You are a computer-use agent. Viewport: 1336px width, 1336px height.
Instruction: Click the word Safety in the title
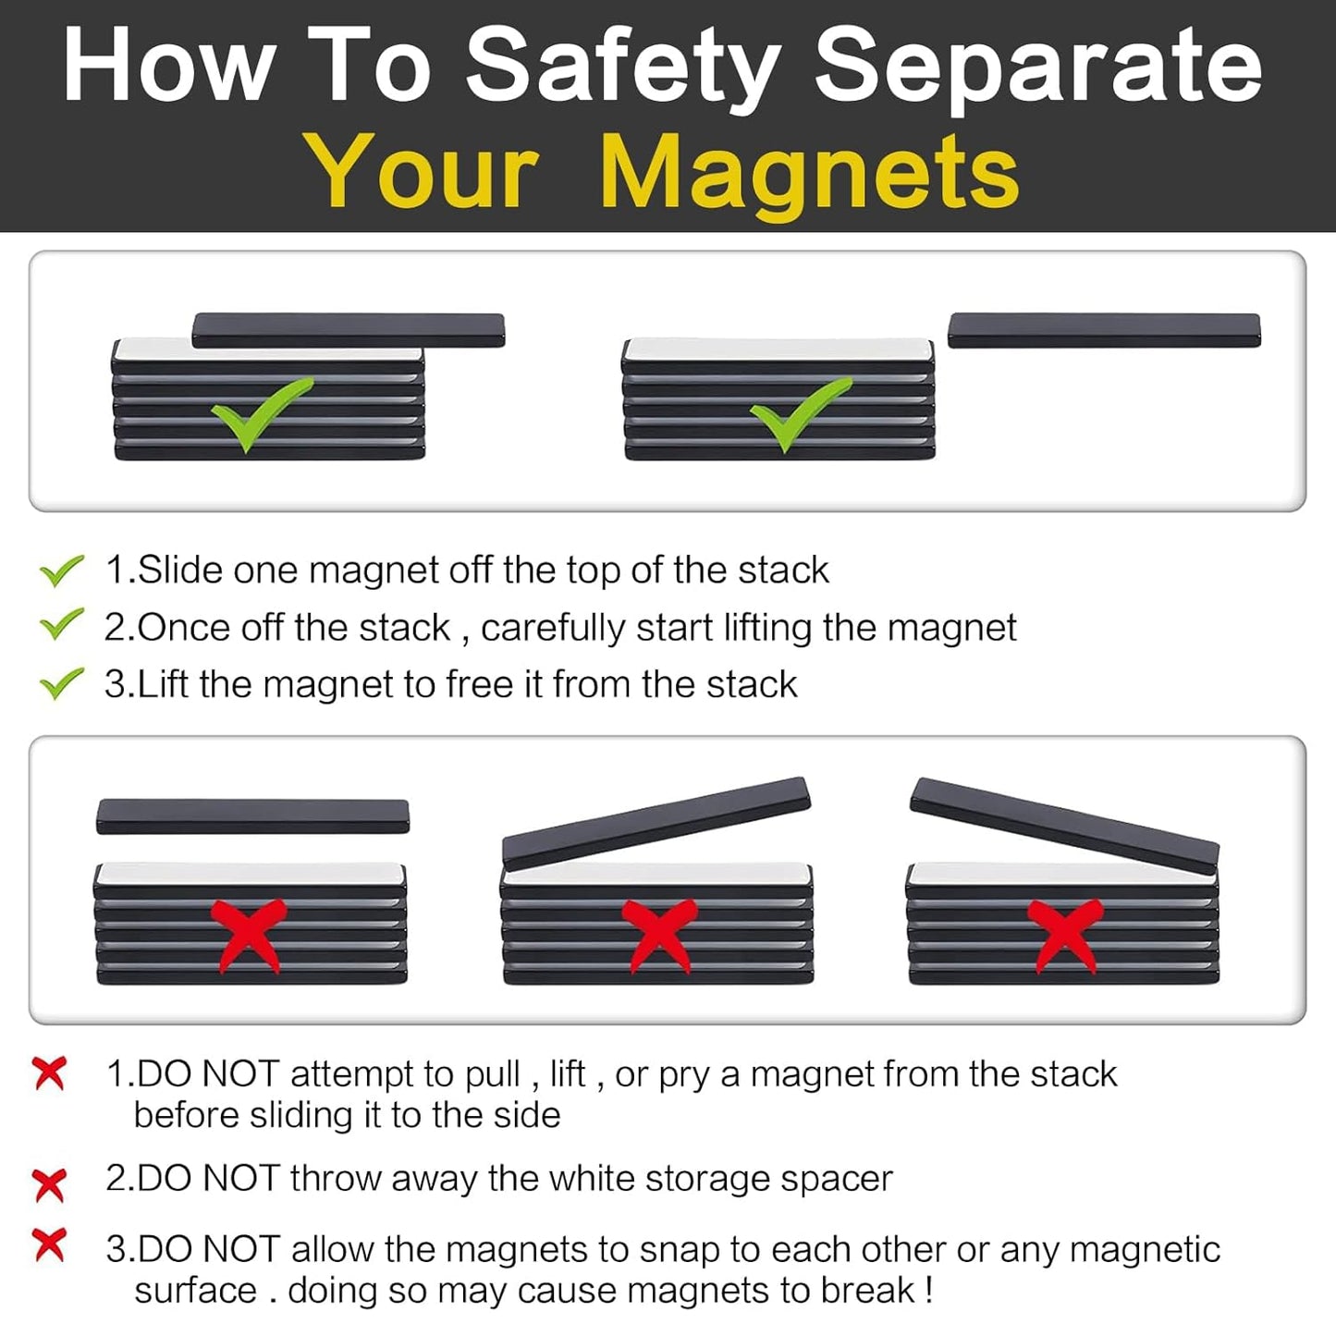pyautogui.click(x=621, y=67)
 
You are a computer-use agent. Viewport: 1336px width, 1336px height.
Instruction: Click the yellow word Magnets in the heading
pyautogui.click(x=809, y=173)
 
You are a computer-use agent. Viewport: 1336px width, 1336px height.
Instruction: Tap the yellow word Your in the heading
pyautogui.click(x=422, y=173)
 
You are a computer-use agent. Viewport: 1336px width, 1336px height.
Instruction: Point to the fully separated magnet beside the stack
pyautogui.click(x=1104, y=330)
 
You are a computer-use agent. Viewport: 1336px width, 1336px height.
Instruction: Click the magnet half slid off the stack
pyautogui.click(x=349, y=330)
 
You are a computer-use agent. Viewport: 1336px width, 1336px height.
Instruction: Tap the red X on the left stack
pyautogui.click(x=248, y=934)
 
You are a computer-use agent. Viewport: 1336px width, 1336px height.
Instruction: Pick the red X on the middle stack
pyautogui.click(x=657, y=934)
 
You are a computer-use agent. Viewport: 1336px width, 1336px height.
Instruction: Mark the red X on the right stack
pyautogui.click(x=1066, y=934)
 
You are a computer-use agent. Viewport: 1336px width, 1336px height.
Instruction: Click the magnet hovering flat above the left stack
pyautogui.click(x=252, y=816)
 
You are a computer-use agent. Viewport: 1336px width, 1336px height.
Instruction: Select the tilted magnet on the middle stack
pyautogui.click(x=656, y=822)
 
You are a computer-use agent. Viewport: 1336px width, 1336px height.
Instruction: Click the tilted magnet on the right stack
pyautogui.click(x=1064, y=824)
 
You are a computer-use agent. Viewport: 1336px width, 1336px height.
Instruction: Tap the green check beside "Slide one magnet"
pyautogui.click(x=62, y=570)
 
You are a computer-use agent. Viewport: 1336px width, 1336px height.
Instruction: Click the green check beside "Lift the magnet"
pyautogui.click(x=62, y=684)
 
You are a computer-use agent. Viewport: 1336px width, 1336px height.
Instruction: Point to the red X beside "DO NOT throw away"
pyautogui.click(x=49, y=1183)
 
